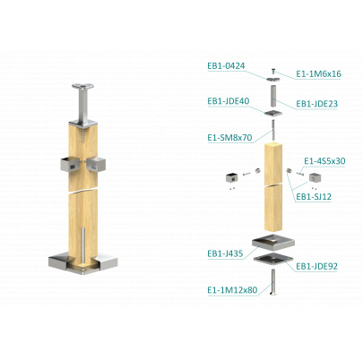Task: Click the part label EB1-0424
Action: [x=226, y=66]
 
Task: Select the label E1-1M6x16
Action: [x=318, y=74]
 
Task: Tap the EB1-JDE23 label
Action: [x=316, y=104]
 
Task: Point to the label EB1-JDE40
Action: [x=229, y=101]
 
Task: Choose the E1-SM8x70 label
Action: [x=229, y=138]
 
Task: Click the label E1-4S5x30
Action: [x=324, y=161]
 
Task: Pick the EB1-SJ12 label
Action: [x=314, y=197]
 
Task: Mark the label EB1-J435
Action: [x=225, y=253]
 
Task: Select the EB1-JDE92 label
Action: [x=316, y=266]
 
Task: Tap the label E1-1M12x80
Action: [x=232, y=290]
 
